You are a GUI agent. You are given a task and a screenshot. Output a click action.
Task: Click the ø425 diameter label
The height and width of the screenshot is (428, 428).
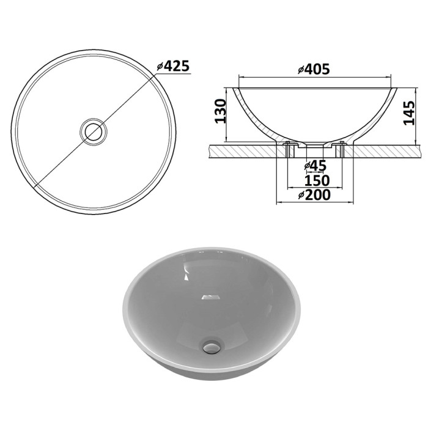click(173, 66)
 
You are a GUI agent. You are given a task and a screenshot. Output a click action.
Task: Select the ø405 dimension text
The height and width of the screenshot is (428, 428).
click(314, 69)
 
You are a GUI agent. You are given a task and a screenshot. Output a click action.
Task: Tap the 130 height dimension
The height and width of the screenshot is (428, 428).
click(221, 111)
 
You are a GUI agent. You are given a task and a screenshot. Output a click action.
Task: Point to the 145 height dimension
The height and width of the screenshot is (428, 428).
click(408, 113)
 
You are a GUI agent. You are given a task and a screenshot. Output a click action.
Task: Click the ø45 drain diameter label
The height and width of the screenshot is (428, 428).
click(315, 166)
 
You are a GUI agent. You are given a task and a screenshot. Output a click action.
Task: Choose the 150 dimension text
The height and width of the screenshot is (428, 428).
click(317, 180)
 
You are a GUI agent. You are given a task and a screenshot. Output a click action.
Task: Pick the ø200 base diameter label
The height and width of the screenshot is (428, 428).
click(314, 195)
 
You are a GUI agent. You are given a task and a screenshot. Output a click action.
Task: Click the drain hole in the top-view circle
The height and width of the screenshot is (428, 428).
click(94, 132)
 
